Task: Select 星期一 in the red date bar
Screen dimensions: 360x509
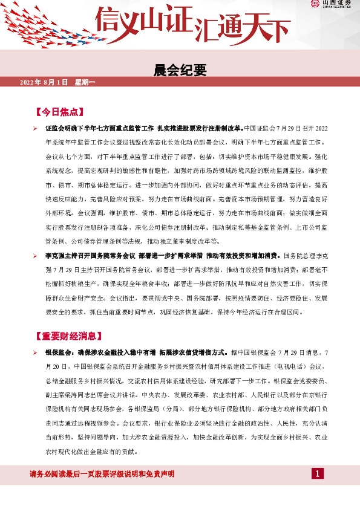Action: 85,82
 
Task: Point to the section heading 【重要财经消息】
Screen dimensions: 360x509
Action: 70,336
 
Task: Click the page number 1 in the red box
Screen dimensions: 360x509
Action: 316,473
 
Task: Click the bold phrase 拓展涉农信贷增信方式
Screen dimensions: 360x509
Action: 192,352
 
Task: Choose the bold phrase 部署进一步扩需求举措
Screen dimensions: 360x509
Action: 170,256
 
